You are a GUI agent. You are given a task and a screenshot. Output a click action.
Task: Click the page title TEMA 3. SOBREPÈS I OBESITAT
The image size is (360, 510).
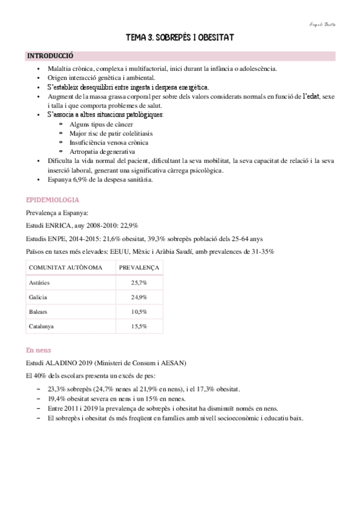click(180, 38)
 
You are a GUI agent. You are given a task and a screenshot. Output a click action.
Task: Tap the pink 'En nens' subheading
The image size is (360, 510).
click(38, 349)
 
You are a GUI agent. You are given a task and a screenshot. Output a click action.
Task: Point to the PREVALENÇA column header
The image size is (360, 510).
click(139, 266)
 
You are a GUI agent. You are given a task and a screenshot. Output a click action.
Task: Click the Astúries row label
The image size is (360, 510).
click(40, 282)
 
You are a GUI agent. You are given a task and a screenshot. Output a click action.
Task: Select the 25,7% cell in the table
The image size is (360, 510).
click(139, 282)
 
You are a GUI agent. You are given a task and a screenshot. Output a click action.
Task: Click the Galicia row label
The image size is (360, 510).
click(38, 297)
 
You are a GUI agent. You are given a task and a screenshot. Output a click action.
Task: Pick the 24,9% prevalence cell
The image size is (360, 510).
click(139, 297)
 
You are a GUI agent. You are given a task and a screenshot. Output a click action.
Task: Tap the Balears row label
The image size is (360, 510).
click(38, 312)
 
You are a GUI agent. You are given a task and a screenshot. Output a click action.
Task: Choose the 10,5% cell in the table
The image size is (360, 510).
click(139, 312)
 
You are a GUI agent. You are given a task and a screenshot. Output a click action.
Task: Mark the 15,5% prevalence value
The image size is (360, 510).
click(139, 327)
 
